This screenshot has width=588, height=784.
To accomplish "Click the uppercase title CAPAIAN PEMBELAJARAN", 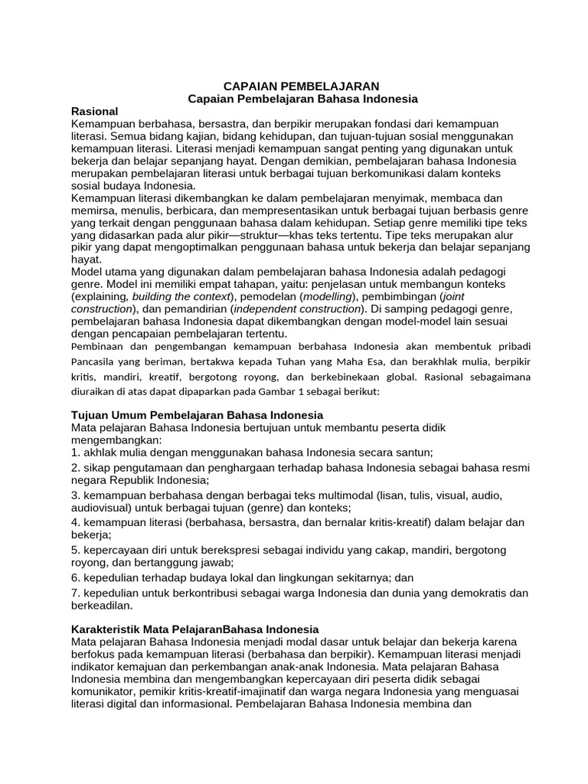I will (x=301, y=87).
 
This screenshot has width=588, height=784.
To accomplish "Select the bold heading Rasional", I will (x=94, y=111).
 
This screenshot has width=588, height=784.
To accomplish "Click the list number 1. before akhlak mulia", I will (x=75, y=452).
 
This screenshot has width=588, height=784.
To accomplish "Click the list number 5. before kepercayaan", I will (x=75, y=550).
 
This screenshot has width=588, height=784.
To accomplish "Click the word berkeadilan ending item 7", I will (x=100, y=605).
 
